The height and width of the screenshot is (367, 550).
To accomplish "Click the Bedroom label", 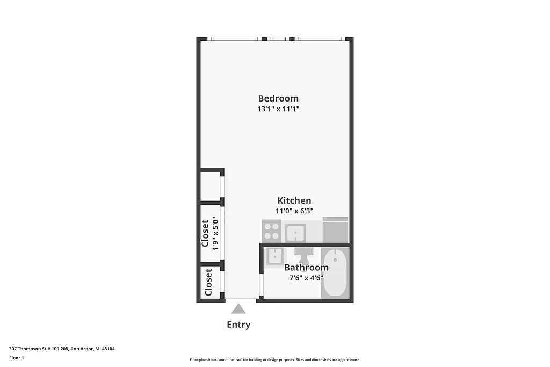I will [278, 98].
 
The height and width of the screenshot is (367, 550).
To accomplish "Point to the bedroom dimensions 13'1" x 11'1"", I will [278, 109].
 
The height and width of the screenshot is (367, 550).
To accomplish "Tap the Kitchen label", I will [294, 200].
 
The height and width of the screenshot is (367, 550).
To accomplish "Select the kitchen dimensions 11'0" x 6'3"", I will [294, 211].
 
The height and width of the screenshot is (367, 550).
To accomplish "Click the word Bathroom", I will [306, 268].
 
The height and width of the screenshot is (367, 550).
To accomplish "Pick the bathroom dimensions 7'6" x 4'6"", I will [306, 278].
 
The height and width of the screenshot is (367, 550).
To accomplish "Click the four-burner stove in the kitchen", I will [272, 231].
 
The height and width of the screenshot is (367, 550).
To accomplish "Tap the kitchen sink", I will [295, 233].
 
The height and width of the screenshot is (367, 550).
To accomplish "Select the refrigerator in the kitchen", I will [335, 230].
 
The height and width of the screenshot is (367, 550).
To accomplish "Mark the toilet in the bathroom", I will [304, 253].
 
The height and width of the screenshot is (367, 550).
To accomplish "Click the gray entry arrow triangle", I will [238, 308].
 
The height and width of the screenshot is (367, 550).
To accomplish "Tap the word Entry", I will [238, 325].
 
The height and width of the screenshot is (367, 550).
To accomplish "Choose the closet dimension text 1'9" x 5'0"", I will [215, 233].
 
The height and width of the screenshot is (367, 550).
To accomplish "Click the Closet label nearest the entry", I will [208, 282].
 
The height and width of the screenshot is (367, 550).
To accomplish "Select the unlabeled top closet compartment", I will [210, 185].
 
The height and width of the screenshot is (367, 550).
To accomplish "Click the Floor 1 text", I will [17, 358].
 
